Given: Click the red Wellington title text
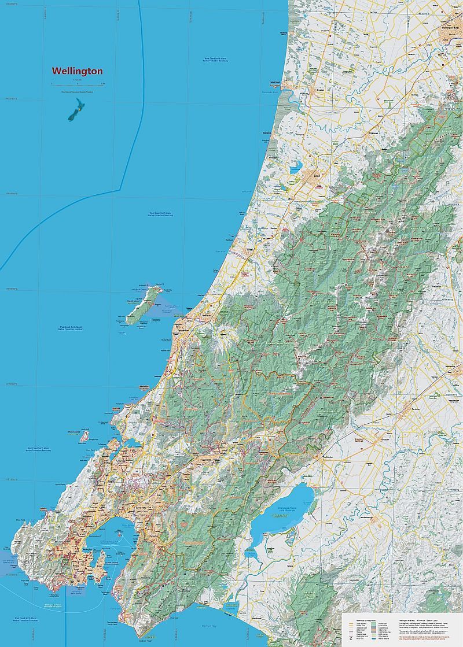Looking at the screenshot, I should pyautogui.click(x=77, y=71).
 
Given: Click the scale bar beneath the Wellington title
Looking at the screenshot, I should pyautogui.click(x=77, y=83).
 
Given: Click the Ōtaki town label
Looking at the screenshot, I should pyautogui.click(x=250, y=250).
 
